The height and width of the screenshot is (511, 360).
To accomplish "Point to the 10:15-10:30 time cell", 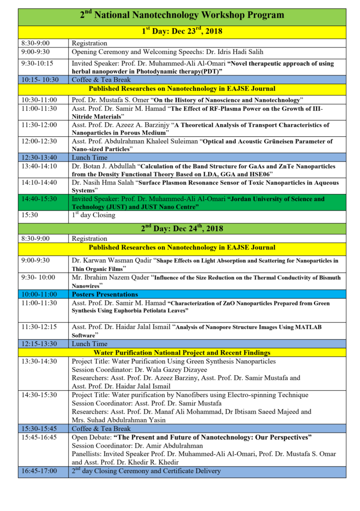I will pyautogui.click(x=39, y=79).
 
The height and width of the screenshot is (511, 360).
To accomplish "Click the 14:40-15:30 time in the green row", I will pyautogui.click(x=39, y=199).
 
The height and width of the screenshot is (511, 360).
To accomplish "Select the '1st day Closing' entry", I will pyautogui.click(x=94, y=215).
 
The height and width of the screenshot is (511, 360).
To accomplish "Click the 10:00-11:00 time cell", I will pyautogui.click(x=39, y=294).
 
